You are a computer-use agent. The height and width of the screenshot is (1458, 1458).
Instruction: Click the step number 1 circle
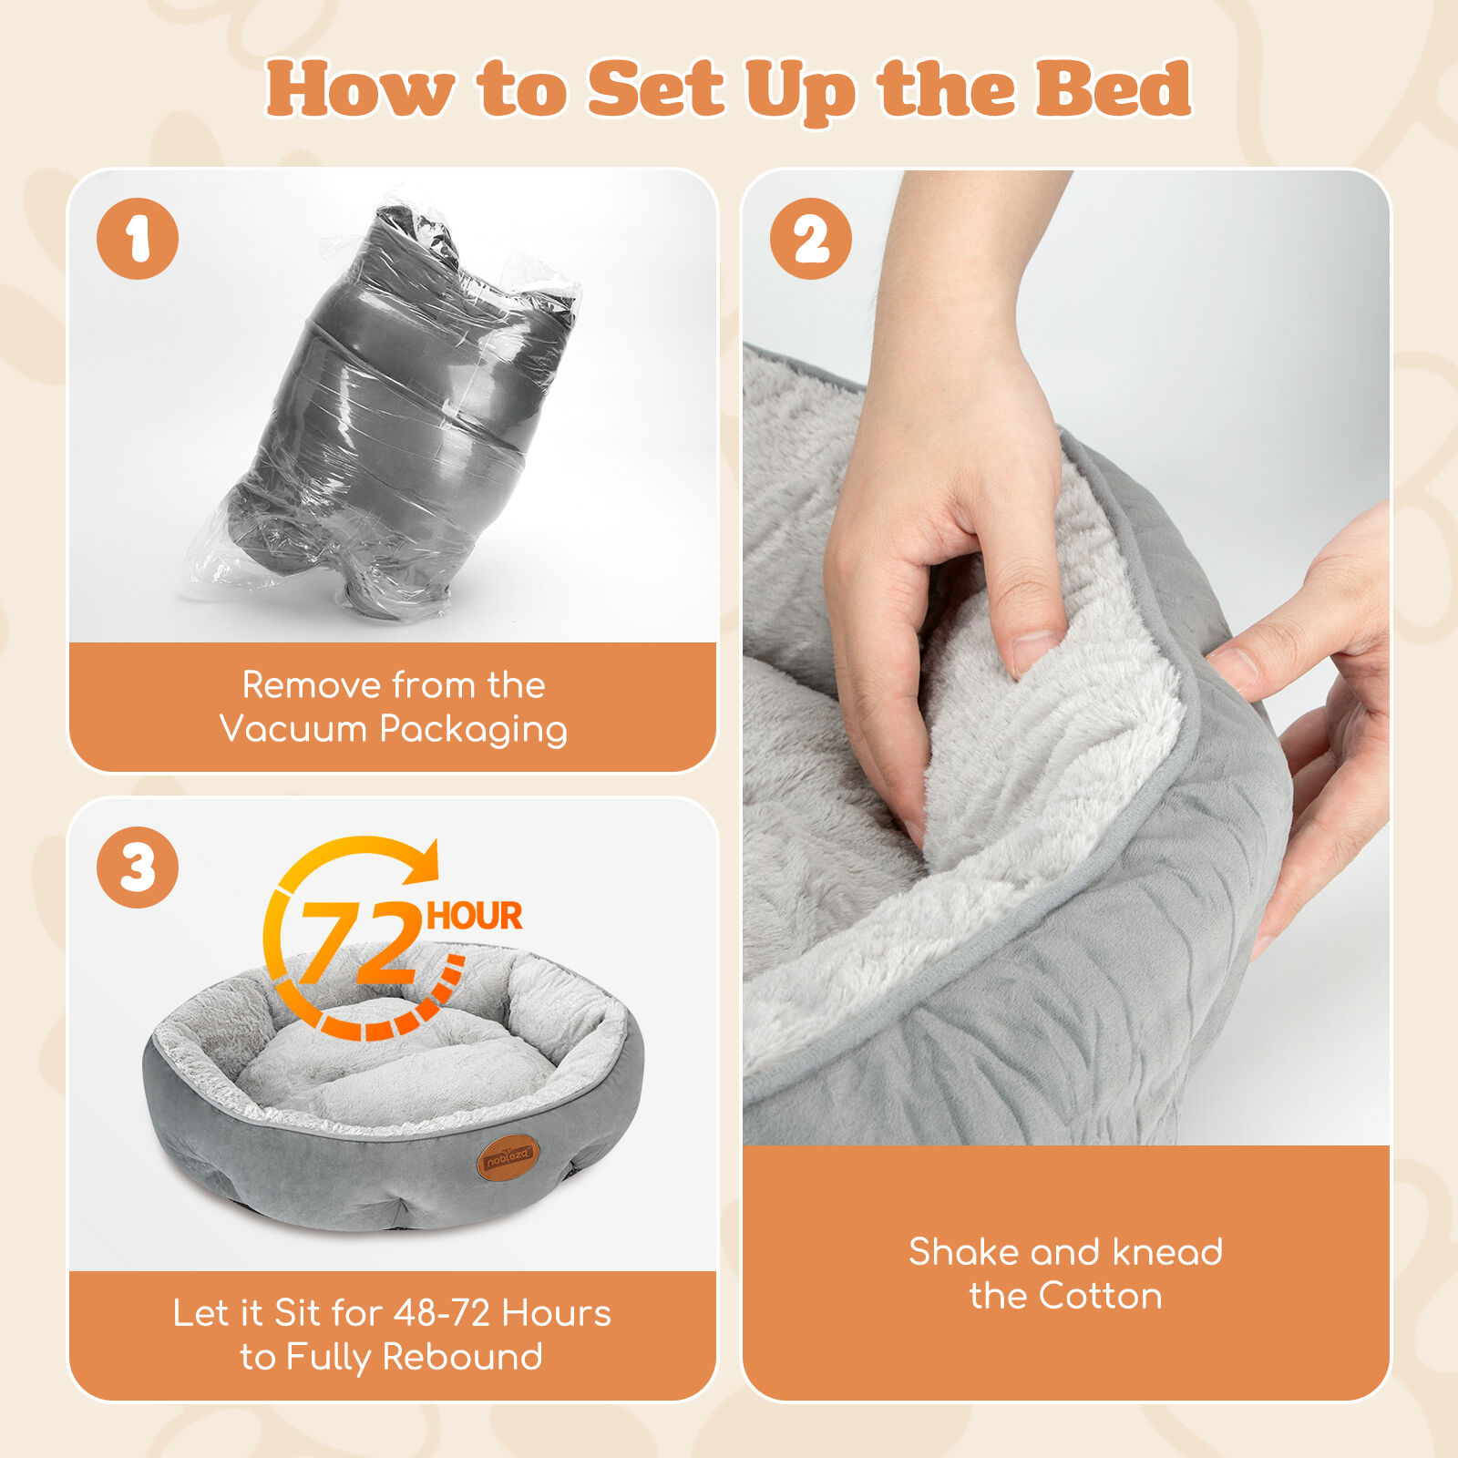tap(138, 239)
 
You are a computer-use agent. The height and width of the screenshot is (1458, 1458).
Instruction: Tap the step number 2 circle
tap(811, 239)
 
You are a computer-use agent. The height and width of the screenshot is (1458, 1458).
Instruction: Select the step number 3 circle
tap(138, 868)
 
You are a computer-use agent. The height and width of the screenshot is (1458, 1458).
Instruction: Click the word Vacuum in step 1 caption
tap(293, 729)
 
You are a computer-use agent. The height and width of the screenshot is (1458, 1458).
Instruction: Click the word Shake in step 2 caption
tap(964, 1252)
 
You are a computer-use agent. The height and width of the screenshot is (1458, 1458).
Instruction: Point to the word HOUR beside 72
tap(475, 916)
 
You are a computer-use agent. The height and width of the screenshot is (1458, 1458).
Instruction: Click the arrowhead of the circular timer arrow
tap(422, 862)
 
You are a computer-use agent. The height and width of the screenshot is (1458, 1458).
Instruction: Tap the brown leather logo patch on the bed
tap(508, 1157)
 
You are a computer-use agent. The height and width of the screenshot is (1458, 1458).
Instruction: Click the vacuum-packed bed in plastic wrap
tap(383, 410)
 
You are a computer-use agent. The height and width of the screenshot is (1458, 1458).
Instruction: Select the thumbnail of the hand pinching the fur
tap(1066, 656)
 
